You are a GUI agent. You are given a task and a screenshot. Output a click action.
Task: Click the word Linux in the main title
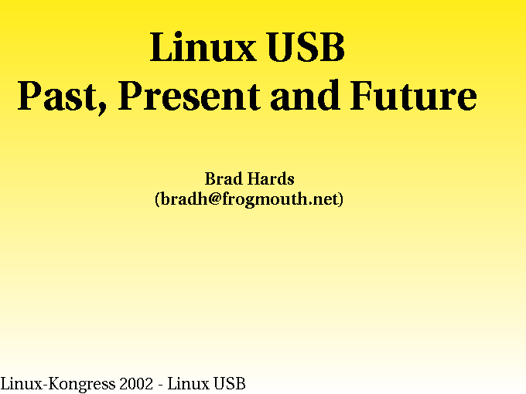[x=203, y=46]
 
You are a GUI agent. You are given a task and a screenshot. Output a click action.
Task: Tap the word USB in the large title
[x=306, y=47]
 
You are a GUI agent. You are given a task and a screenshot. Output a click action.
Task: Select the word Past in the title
[x=56, y=96]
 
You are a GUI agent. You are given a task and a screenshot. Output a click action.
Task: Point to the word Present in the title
[x=190, y=96]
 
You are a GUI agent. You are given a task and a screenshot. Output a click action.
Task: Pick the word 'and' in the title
[x=305, y=95]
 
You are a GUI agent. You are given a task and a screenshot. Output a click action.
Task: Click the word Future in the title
[x=413, y=96]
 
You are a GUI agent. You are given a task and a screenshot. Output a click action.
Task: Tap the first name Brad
[x=224, y=178]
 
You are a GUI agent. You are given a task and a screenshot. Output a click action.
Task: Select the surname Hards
[x=271, y=178]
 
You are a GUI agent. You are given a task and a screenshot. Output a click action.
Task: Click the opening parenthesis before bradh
[x=158, y=199]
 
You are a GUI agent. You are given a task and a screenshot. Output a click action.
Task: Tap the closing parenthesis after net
[x=341, y=199]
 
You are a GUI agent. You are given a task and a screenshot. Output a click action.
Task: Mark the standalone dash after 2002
[x=160, y=385]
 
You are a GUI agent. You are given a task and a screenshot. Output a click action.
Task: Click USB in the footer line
[x=230, y=384]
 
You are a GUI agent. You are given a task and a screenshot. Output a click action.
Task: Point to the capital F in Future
[x=361, y=96]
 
